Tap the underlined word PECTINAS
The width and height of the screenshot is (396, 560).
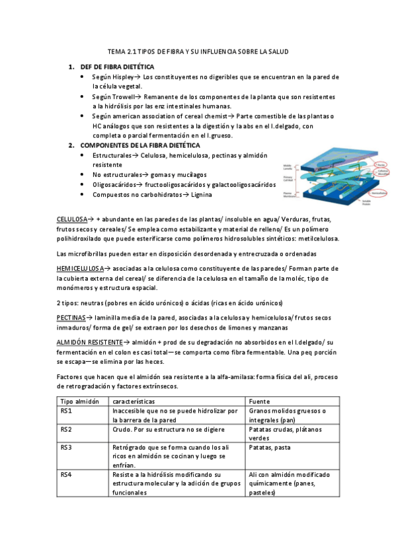click(71, 318)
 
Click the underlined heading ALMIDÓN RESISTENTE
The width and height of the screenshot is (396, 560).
click(90, 343)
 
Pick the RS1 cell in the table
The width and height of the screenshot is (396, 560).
click(66, 411)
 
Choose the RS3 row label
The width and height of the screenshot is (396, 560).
click(66, 447)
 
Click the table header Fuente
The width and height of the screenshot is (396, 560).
click(259, 401)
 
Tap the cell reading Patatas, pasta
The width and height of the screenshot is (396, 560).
click(269, 447)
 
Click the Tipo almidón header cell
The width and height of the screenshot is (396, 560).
click(79, 401)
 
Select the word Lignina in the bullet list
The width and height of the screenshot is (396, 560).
click(206, 195)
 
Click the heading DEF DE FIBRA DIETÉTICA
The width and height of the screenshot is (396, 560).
click(117, 67)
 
